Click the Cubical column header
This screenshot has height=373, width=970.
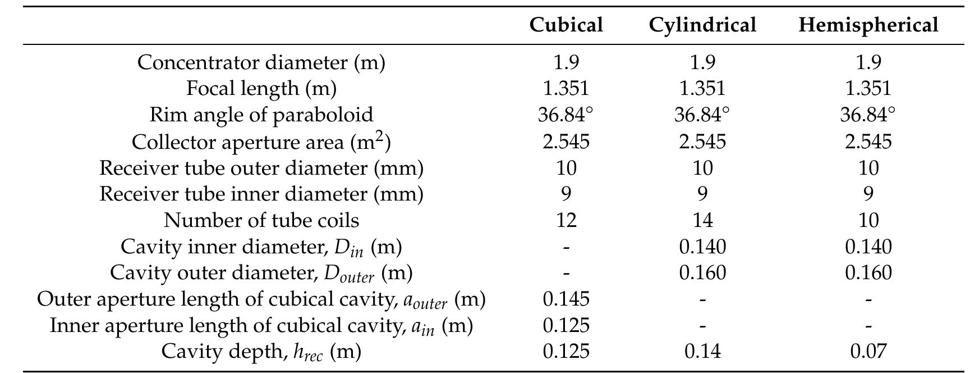(566, 25)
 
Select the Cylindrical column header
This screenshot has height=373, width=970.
(702, 25)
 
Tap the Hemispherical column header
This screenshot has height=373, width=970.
(868, 25)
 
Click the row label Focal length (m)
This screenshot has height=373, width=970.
(261, 88)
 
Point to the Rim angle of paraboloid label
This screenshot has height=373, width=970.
(261, 115)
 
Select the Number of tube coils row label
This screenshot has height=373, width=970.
(261, 220)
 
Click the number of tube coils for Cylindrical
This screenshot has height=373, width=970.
(702, 220)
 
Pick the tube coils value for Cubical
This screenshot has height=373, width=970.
(566, 220)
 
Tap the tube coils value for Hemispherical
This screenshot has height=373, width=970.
(868, 220)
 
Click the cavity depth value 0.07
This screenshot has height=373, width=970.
(868, 352)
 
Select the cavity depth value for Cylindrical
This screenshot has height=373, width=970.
(702, 352)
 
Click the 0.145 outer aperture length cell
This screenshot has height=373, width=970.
(566, 299)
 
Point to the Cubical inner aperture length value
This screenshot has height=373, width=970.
(566, 325)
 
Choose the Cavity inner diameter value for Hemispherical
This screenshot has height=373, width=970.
(868, 247)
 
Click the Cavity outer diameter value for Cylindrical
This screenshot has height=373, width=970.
(702, 273)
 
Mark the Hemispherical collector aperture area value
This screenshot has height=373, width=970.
(868, 141)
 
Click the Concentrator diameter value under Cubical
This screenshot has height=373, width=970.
(566, 62)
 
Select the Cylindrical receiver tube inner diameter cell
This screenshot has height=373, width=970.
(702, 194)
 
